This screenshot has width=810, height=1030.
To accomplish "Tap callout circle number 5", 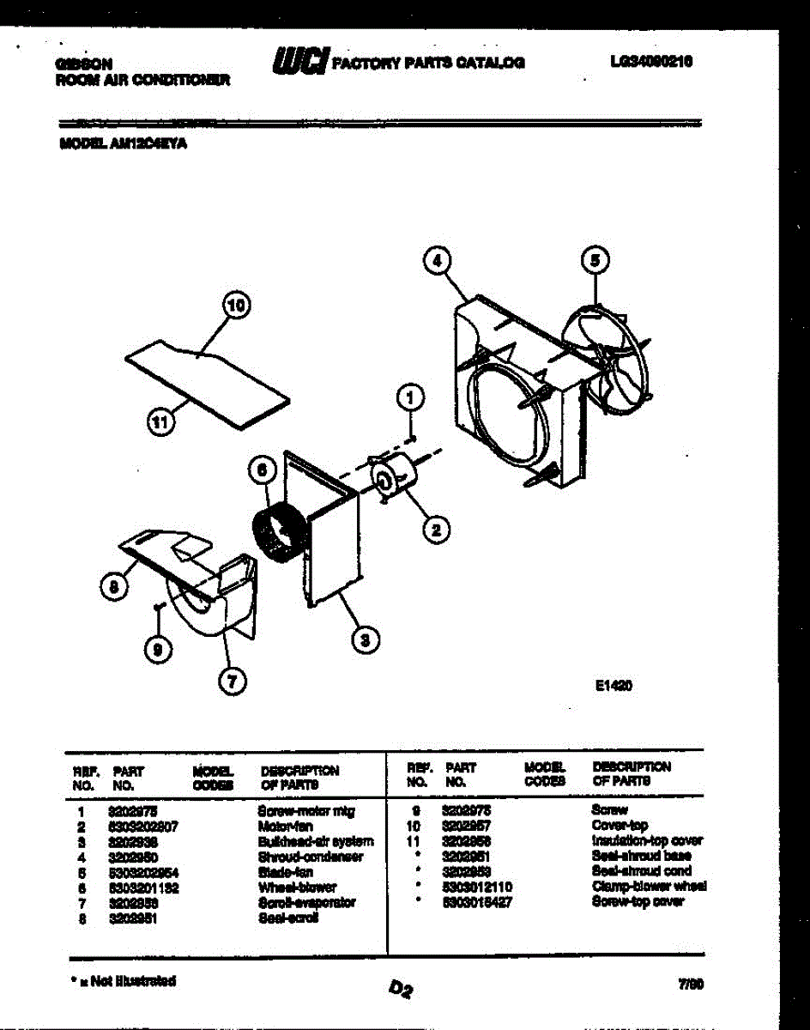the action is [x=594, y=259].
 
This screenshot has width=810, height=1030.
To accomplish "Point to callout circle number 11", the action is [x=160, y=421].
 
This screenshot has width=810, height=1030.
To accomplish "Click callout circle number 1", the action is [x=411, y=397].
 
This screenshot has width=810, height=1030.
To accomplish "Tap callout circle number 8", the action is [x=114, y=588].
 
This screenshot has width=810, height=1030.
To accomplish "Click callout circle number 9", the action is [x=157, y=651].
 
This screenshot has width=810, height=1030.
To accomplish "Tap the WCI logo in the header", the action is [x=299, y=61].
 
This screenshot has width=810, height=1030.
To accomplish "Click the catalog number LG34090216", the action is [x=652, y=61].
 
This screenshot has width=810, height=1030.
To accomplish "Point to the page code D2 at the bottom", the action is [x=401, y=989].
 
